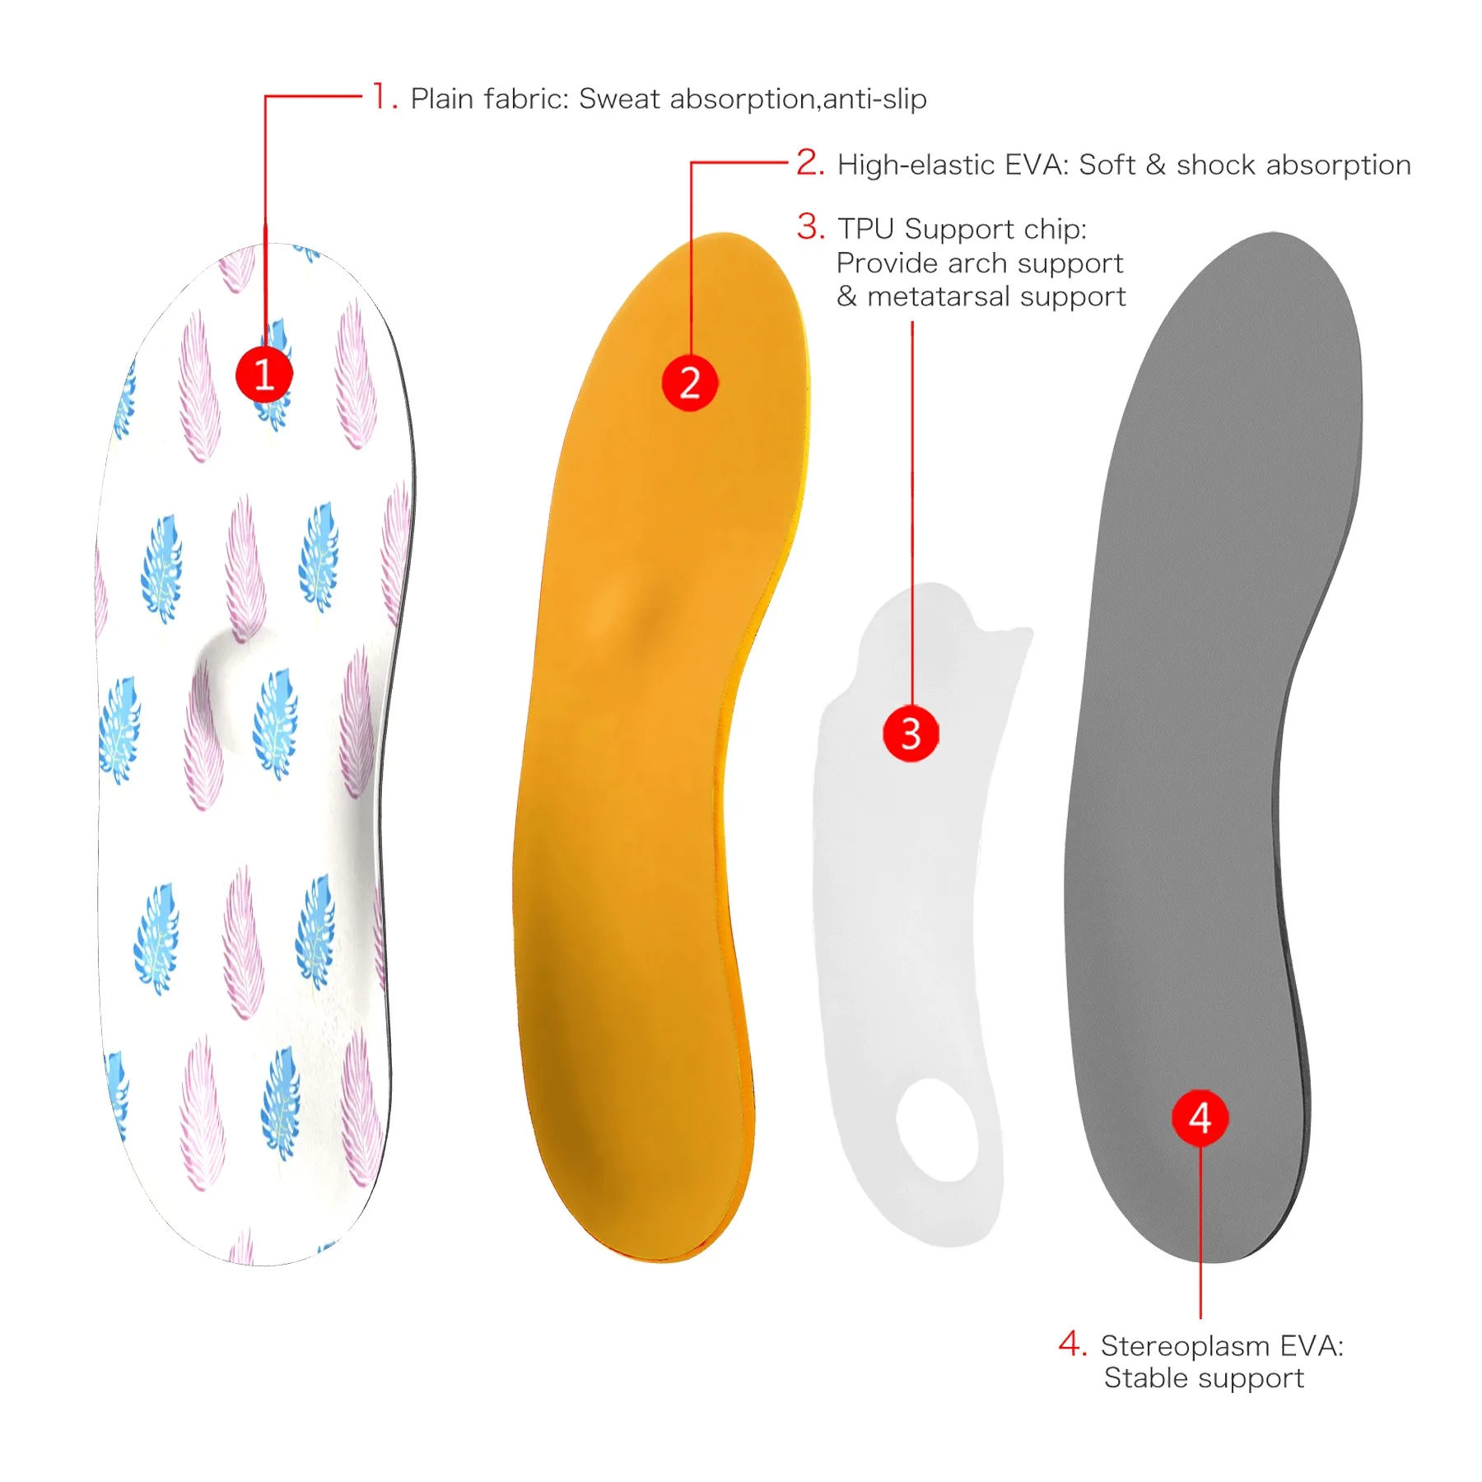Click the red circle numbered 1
tap(264, 374)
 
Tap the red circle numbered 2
tap(690, 383)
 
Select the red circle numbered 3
tap(911, 733)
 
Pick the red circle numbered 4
tap(1200, 1117)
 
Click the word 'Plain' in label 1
tap(443, 99)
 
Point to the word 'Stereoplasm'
tap(1185, 1346)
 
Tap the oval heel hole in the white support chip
tap(937, 1130)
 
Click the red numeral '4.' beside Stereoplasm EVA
tap(1073, 1344)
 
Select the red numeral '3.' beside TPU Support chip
tap(811, 226)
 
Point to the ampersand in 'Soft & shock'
tap(1156, 165)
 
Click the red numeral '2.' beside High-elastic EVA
tap(810, 162)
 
